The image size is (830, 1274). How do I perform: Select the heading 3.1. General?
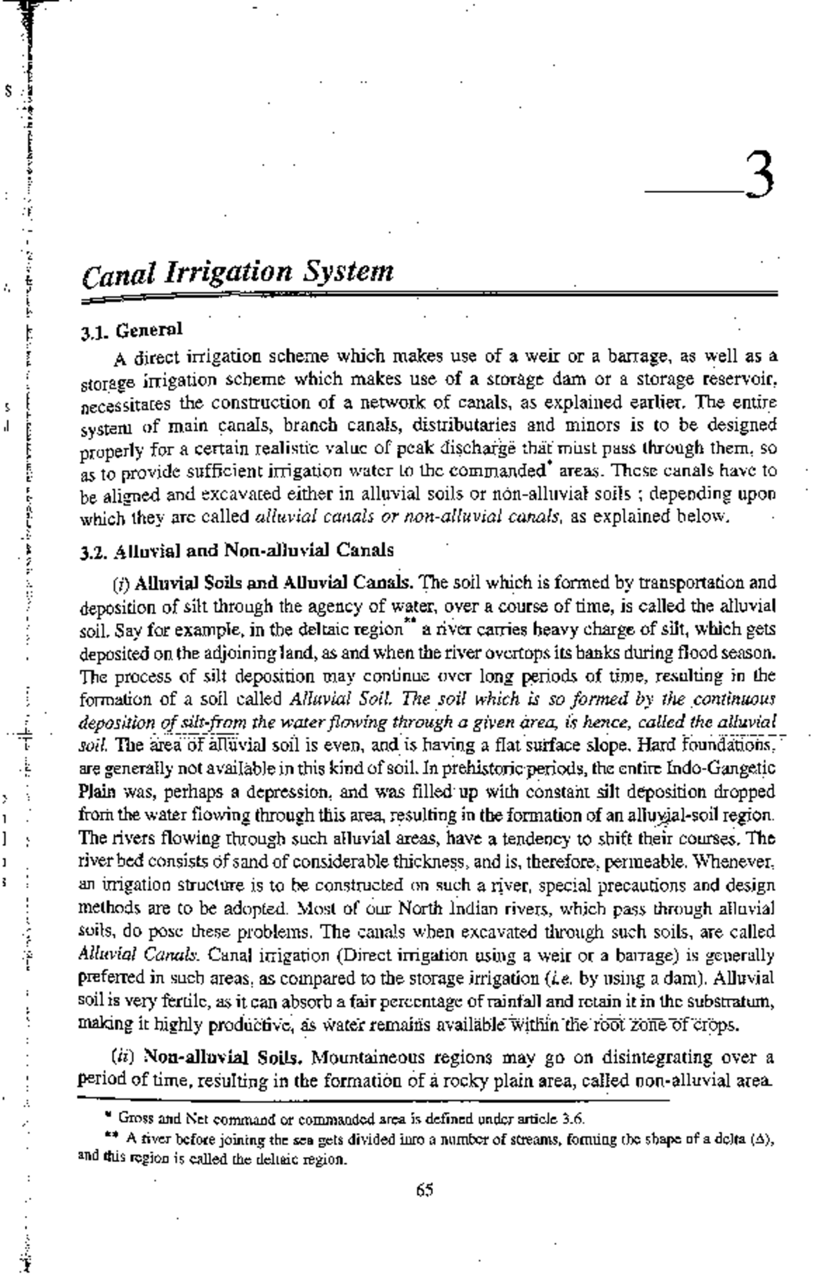131,331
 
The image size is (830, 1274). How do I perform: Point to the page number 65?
425,1190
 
